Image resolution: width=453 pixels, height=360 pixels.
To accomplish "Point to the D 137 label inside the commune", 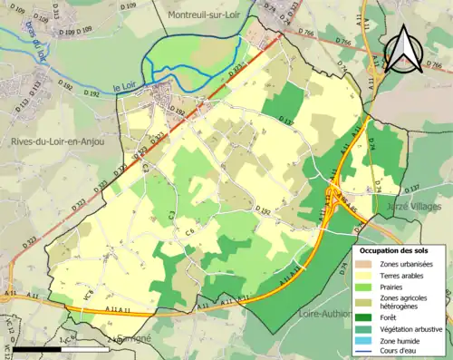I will click(x=287, y=121).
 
